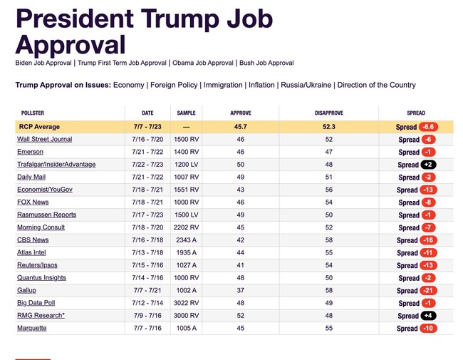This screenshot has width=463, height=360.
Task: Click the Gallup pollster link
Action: [x=26, y=290]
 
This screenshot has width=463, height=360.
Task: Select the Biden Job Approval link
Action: [x=43, y=63]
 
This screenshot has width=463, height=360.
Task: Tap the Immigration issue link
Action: [x=223, y=85]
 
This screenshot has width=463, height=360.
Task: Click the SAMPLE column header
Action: [x=187, y=113]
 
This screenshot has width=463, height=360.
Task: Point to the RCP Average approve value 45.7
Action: [x=240, y=127]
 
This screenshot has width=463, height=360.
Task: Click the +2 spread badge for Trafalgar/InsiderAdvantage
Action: [x=428, y=165]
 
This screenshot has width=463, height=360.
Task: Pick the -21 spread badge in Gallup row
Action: [x=428, y=291]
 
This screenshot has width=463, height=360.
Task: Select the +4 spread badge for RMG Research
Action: [x=428, y=316]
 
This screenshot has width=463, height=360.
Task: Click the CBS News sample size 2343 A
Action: [x=187, y=240]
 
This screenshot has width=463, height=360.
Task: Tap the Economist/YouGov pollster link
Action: [x=45, y=190]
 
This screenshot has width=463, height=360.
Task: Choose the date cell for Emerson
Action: [x=147, y=152]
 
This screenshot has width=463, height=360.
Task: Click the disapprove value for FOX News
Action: [x=329, y=202]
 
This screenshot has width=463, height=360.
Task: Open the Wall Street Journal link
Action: [x=45, y=139]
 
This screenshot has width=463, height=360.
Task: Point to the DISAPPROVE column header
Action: [x=329, y=113]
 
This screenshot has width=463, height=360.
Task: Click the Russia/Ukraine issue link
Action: [x=306, y=85]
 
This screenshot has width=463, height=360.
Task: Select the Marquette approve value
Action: [x=240, y=328]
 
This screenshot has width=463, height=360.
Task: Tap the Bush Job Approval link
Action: [x=266, y=63]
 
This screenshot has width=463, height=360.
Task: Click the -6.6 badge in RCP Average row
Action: [x=428, y=127]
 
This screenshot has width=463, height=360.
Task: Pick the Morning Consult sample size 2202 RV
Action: [x=187, y=227]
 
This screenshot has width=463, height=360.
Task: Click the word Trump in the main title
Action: [x=180, y=19]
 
